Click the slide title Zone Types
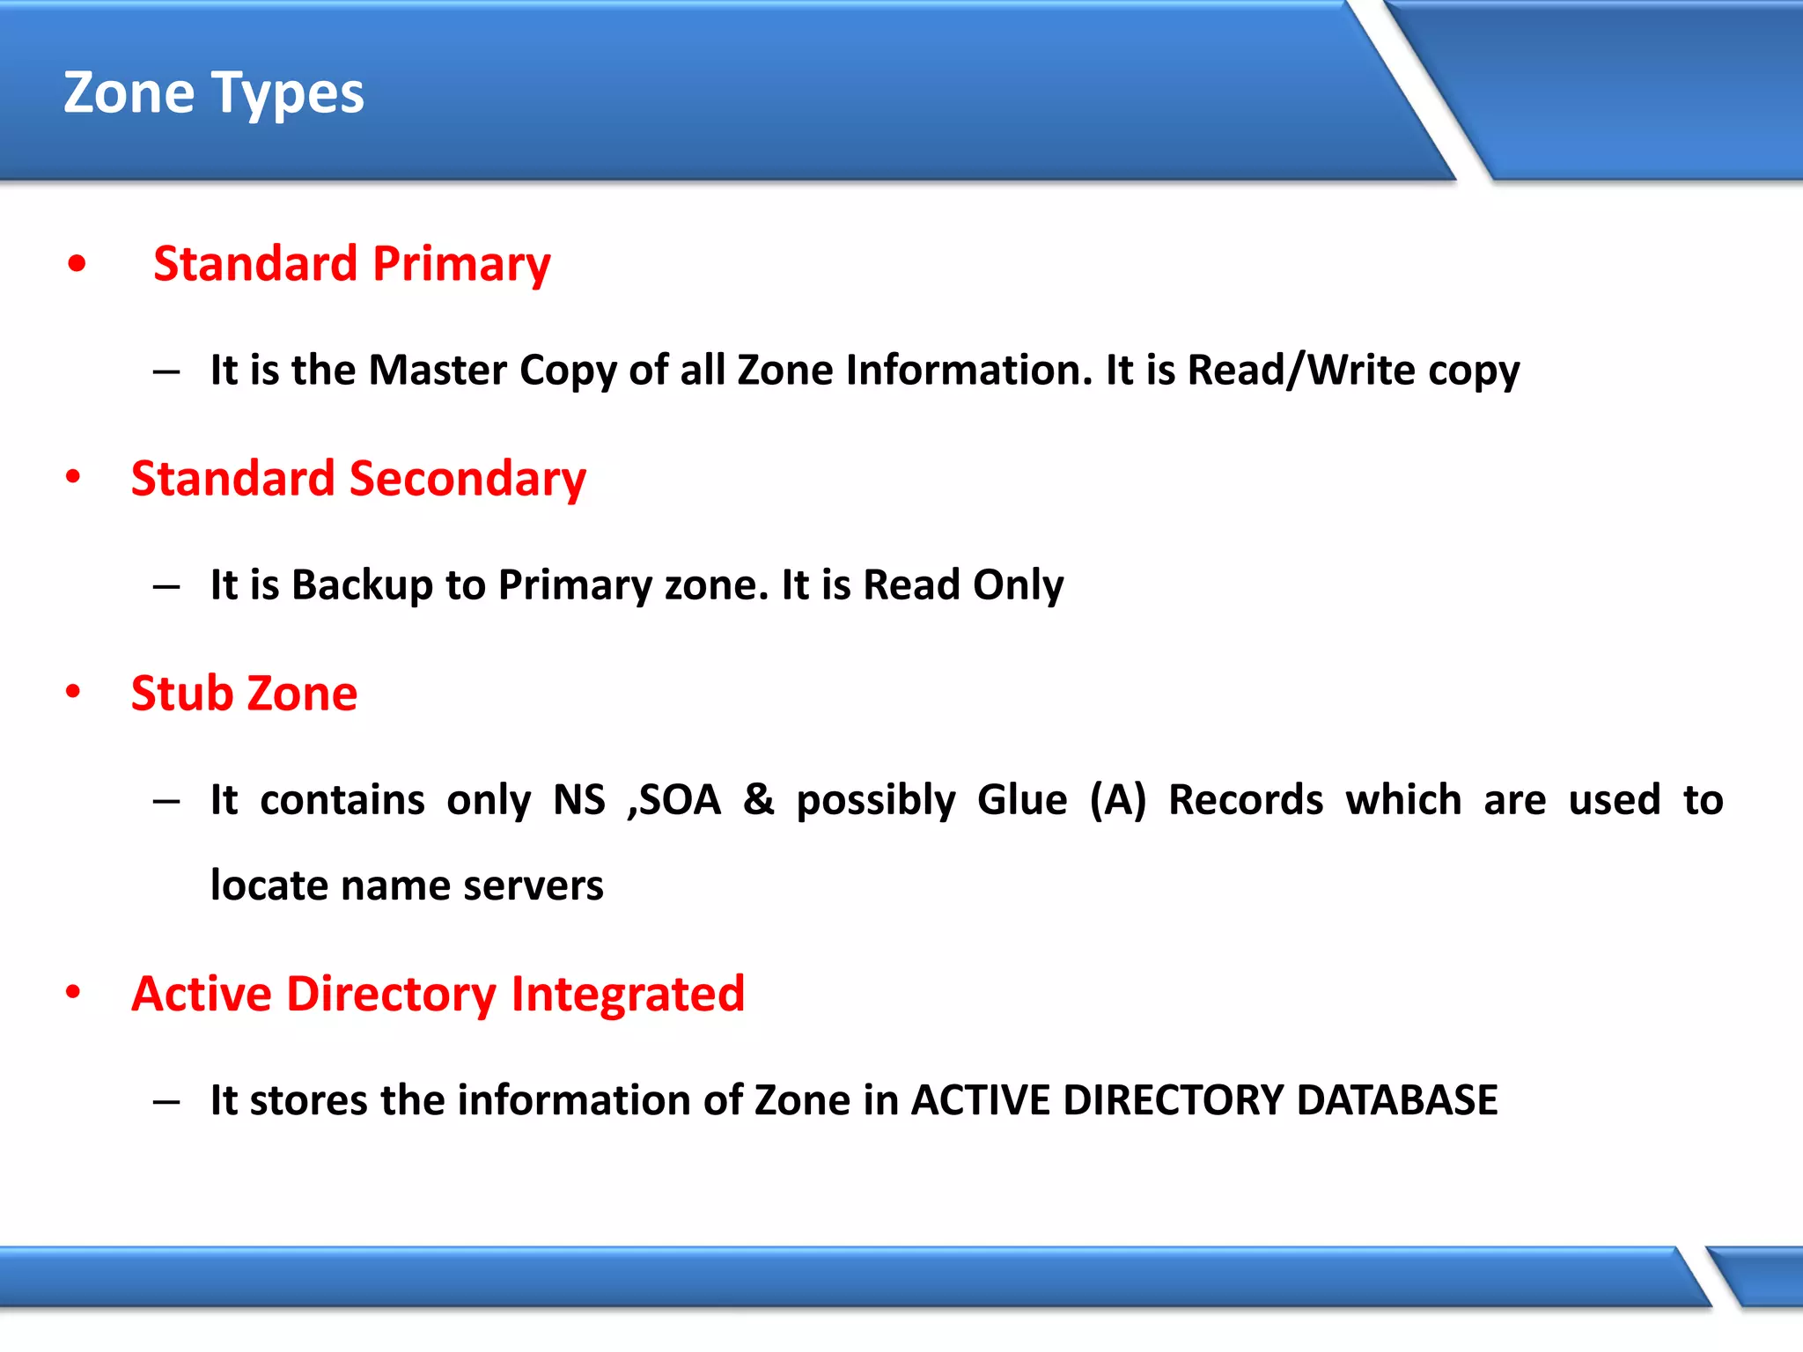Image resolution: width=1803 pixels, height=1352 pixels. (213, 93)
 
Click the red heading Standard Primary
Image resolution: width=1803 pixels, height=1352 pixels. (351, 264)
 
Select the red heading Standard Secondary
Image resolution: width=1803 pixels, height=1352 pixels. (358, 479)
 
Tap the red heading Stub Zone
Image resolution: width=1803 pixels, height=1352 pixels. (244, 694)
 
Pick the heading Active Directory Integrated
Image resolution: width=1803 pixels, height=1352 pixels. (438, 995)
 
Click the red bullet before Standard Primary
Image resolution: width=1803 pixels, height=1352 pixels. (77, 264)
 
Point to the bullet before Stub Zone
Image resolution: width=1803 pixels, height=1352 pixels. (73, 693)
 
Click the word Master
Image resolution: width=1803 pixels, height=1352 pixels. (438, 370)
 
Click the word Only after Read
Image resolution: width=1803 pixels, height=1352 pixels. (1019, 585)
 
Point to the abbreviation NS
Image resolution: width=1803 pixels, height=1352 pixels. (578, 800)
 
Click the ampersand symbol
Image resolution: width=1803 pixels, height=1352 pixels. (758, 800)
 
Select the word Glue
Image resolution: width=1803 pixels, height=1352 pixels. (1021, 800)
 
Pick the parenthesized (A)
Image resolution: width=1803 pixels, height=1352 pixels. (1117, 800)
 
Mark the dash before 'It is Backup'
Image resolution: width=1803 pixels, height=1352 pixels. (166, 586)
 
